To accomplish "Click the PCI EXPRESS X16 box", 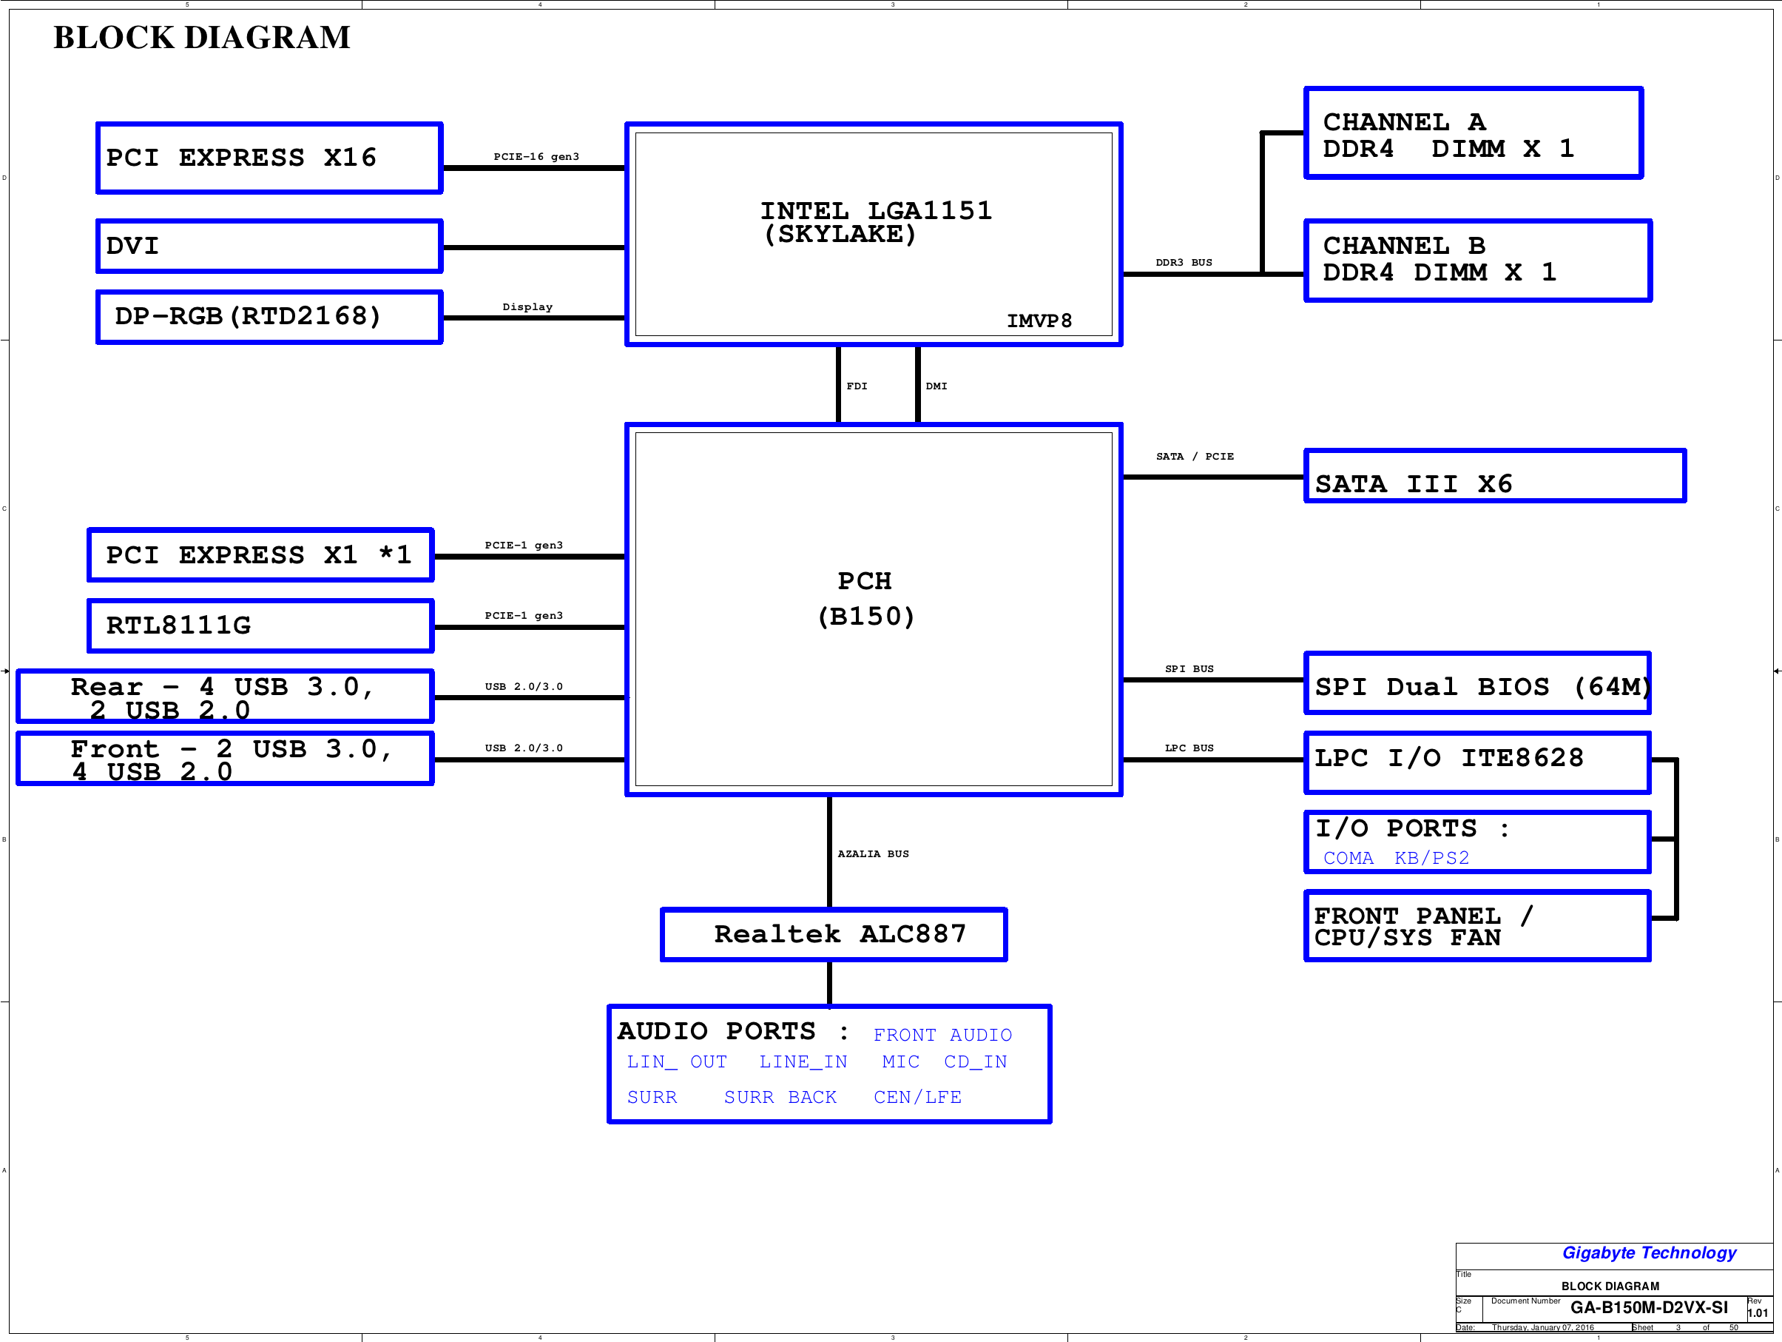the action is pos(269,158).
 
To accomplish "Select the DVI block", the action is pos(269,246).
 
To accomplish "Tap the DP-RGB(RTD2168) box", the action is pos(269,317).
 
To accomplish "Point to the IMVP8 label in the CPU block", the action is pos(1039,321).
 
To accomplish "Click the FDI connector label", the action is pos(857,386).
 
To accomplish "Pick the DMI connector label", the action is pos(936,386).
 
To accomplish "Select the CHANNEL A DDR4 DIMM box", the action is pos(1474,133).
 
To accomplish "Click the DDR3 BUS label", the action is pos(1184,263).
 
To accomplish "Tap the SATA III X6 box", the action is pos(1495,475).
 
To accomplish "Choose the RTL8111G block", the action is pos(260,625).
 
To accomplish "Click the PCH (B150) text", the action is pos(866,599).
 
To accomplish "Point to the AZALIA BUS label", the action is pos(874,853).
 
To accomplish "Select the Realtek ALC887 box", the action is pos(834,934).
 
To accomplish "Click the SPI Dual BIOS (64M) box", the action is pos(1477,683).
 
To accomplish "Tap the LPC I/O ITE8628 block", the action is pos(1477,762).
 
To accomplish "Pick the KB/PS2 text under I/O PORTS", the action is pos(1431,858).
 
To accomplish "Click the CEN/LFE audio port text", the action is pos(917,1097).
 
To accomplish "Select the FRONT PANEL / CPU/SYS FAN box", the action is pos(1477,926).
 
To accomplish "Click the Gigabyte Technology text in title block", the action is pos(1649,1253).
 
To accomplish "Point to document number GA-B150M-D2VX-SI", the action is pos(1649,1307).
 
